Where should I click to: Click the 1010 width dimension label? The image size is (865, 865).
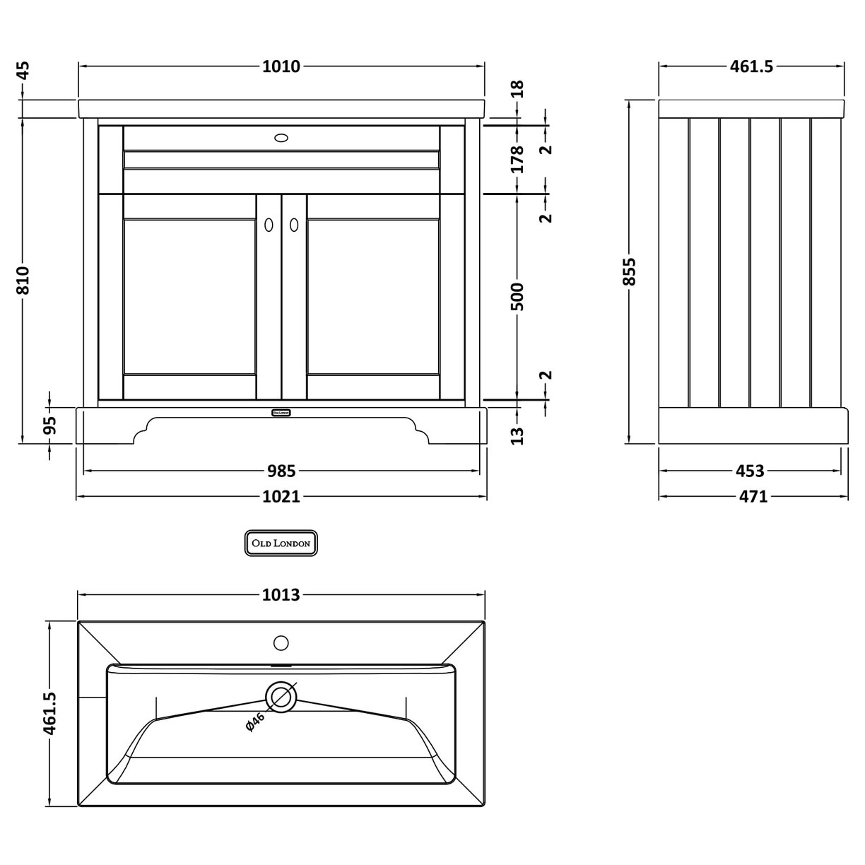pyautogui.click(x=281, y=67)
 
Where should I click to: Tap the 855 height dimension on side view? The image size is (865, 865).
pyautogui.click(x=630, y=271)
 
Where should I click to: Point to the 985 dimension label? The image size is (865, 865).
pyautogui.click(x=281, y=471)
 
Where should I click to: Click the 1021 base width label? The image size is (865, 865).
pyautogui.click(x=281, y=497)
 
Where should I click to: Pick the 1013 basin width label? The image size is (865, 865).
pyautogui.click(x=281, y=595)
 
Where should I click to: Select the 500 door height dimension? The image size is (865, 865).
pyautogui.click(x=518, y=297)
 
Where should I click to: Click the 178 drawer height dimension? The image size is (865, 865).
pyautogui.click(x=518, y=159)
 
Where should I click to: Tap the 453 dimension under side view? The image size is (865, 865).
pyautogui.click(x=750, y=471)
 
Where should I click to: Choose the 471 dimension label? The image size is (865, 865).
pyautogui.click(x=753, y=497)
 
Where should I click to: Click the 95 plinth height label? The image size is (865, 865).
pyautogui.click(x=49, y=425)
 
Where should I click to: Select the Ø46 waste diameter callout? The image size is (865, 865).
pyautogui.click(x=255, y=722)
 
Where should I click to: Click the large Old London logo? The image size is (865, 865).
pyautogui.click(x=281, y=543)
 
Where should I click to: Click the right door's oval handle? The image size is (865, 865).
pyautogui.click(x=294, y=224)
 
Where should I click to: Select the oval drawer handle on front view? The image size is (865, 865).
pyautogui.click(x=281, y=139)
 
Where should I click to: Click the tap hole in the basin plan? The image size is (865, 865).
pyautogui.click(x=281, y=643)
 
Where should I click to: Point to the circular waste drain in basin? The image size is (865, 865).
pyautogui.click(x=281, y=697)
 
